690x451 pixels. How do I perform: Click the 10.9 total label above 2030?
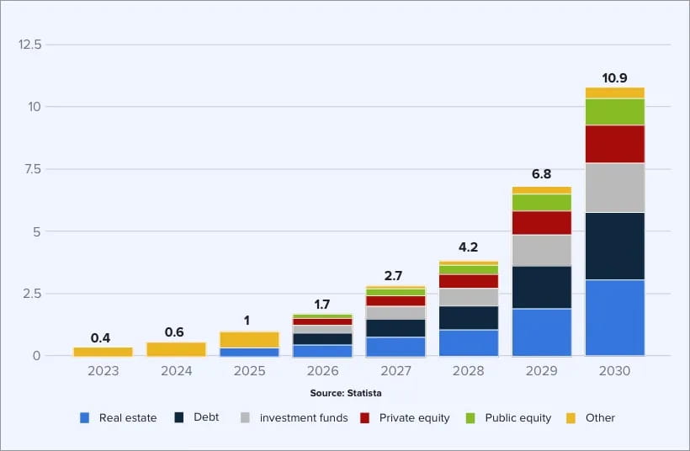coord(615,78)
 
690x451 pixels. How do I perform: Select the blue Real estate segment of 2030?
coord(615,317)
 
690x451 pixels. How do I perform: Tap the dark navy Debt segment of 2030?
coord(615,246)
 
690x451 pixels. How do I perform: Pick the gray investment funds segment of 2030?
coord(615,188)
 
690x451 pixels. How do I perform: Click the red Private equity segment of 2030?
coord(615,144)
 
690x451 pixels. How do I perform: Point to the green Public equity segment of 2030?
coord(615,112)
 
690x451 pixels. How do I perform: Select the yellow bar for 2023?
coord(103,352)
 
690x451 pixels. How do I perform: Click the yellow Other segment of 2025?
coord(249,339)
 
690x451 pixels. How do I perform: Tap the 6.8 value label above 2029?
coord(541,174)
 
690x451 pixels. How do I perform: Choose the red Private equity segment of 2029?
coord(541,223)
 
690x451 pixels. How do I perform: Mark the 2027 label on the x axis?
coord(395,371)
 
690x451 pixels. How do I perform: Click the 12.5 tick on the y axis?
coord(30,44)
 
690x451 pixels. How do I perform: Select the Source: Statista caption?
coord(345,392)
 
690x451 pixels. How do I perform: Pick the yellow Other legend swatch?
coord(571,417)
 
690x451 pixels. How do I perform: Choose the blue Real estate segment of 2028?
coord(469,342)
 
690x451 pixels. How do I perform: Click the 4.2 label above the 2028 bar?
coord(469,247)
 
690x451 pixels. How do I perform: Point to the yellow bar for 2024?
coord(176,348)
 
